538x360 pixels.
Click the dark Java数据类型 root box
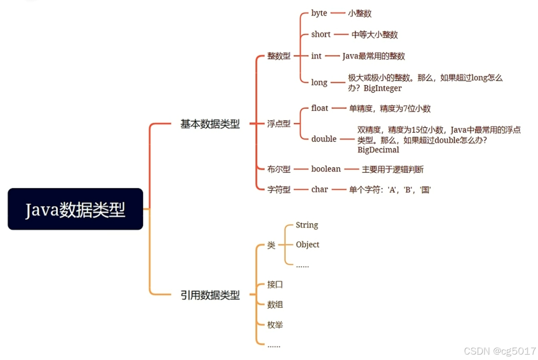click(75, 209)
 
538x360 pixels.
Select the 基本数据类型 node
click(210, 124)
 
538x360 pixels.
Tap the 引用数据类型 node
click(210, 295)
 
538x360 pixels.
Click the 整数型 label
click(279, 56)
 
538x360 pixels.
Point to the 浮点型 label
click(279, 124)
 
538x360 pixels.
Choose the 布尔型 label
click(279, 169)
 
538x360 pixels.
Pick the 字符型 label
click(279, 190)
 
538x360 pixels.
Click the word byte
click(319, 13)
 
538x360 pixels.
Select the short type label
click(321, 35)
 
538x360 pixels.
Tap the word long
click(319, 83)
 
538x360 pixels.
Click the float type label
click(320, 108)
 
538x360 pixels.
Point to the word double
click(324, 139)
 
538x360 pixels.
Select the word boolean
click(326, 169)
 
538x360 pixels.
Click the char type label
click(320, 190)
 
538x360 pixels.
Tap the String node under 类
click(307, 225)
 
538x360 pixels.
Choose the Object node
click(307, 245)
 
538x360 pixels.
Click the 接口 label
click(275, 284)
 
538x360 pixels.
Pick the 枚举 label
click(275, 324)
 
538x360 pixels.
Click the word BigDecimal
click(378, 150)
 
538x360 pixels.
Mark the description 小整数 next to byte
click(360, 13)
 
